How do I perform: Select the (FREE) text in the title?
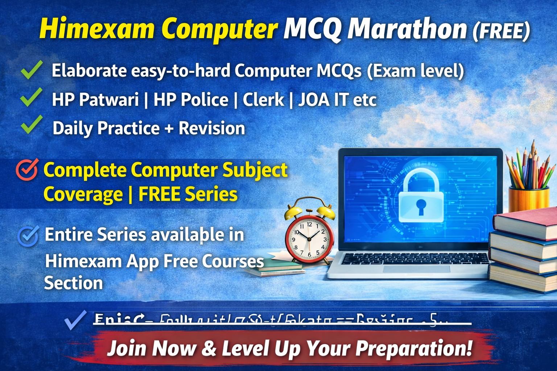coord(501,31)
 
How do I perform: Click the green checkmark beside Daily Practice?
coord(32,125)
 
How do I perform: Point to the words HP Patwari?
coord(95,100)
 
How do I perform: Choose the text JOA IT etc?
coord(337,100)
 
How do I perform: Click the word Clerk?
coord(263,100)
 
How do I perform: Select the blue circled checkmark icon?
coord(28,236)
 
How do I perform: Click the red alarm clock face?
coord(309,239)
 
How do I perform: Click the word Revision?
coord(212,128)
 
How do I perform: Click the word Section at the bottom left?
coord(74,283)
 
